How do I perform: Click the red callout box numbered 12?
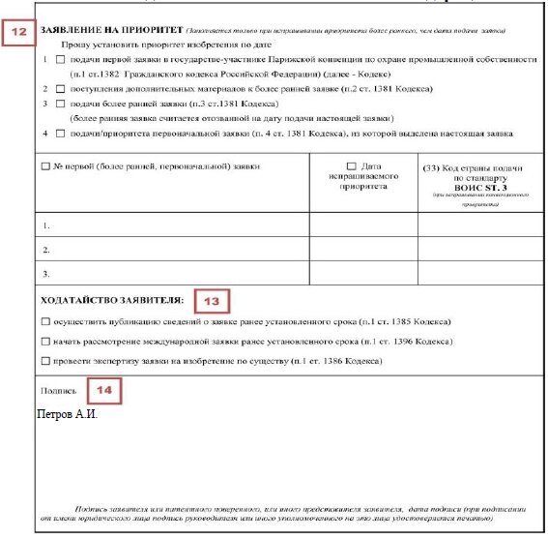pyautogui.click(x=18, y=32)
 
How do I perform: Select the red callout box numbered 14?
pyautogui.click(x=107, y=392)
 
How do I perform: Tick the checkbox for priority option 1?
pyautogui.click(x=60, y=59)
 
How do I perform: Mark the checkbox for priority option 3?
pyautogui.click(x=60, y=103)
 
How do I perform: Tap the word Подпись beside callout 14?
pyautogui.click(x=57, y=392)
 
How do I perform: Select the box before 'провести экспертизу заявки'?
pyautogui.click(x=45, y=362)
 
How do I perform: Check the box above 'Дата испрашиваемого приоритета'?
pyautogui.click(x=350, y=166)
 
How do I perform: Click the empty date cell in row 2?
pyautogui.click(x=363, y=249)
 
